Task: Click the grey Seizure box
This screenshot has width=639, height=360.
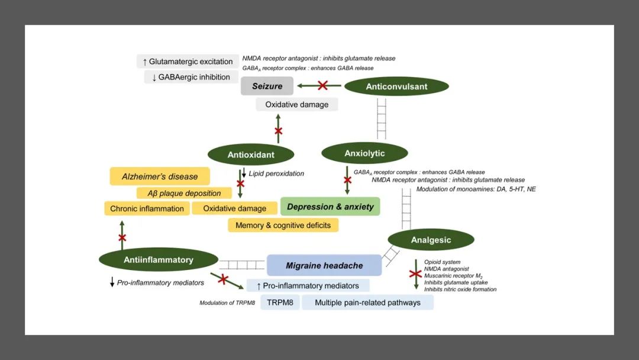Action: pos(267,86)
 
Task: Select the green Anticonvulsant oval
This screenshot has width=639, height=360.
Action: pos(396,86)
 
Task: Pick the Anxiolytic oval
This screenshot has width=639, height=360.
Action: pos(364,153)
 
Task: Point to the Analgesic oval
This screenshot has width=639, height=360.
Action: pos(431,240)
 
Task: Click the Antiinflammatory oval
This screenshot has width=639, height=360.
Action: pos(158,259)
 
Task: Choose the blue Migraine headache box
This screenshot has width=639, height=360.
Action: pos(324,265)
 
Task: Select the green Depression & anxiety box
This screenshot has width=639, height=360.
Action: pos(330,207)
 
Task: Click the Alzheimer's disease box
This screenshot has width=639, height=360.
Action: pos(160,176)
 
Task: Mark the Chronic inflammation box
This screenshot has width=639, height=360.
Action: pos(147,208)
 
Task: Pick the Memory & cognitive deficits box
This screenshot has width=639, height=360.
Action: pos(283,225)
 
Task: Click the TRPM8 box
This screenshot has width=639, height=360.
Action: pos(280,303)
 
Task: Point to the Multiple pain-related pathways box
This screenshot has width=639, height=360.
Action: pos(367,303)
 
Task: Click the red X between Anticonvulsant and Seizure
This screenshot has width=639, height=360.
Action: pos(323,86)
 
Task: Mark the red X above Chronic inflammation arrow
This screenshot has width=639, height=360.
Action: pos(122,238)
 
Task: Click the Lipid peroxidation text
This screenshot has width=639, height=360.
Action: pos(276,173)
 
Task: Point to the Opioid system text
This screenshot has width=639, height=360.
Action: pos(442,262)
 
